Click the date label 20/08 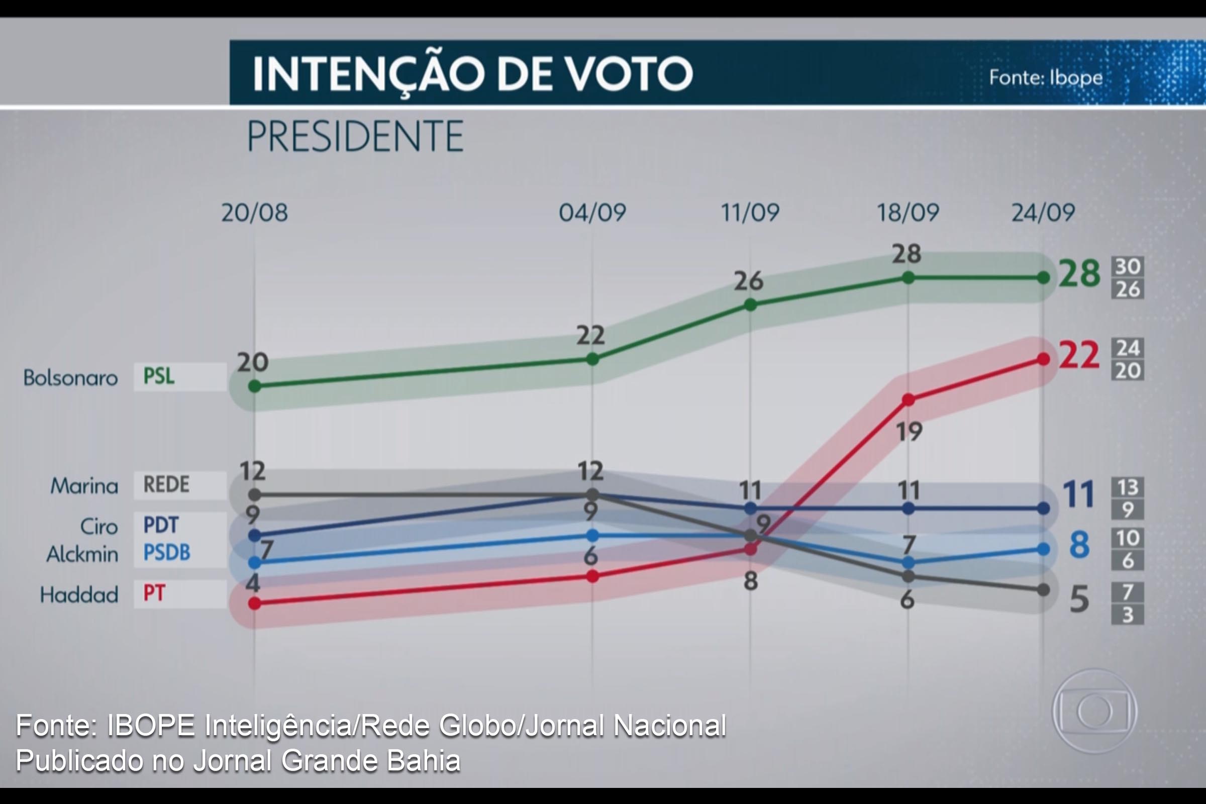click(254, 212)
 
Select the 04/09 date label click(592, 212)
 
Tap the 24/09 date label click(1043, 212)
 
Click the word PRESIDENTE click(355, 136)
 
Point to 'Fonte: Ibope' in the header click(1046, 77)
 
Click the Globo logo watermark click(1095, 712)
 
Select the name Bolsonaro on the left click(71, 378)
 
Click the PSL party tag click(158, 376)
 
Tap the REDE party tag click(166, 484)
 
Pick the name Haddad click(79, 595)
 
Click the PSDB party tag click(167, 553)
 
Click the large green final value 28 click(1079, 273)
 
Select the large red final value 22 click(1079, 355)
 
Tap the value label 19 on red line click(909, 432)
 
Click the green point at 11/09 click(750, 305)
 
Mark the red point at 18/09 click(908, 399)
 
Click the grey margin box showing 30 click(1128, 266)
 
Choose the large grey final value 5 click(1079, 599)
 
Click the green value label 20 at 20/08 click(252, 362)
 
